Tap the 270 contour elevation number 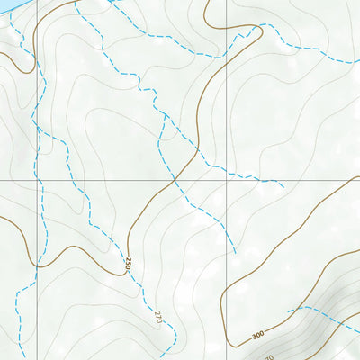(157, 317)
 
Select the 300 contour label (258, 336)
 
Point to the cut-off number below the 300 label (268, 357)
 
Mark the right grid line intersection (226, 180)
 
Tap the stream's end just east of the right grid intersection (284, 187)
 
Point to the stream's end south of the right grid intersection (236, 254)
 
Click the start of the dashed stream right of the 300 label (288, 311)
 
